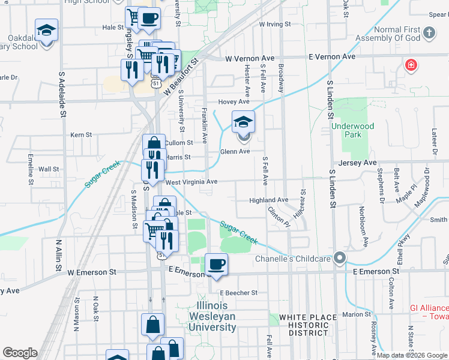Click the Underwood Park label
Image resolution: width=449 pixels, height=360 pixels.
point(352,130)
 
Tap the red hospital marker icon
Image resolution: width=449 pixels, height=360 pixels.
point(411,65)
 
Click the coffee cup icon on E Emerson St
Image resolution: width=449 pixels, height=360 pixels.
point(216,264)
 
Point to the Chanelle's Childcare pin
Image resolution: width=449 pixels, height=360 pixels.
point(340,259)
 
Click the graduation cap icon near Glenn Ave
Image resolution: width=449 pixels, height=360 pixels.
point(243,122)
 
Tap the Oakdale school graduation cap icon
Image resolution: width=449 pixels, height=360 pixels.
point(46,31)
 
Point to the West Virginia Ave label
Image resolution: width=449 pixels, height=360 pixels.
point(191,181)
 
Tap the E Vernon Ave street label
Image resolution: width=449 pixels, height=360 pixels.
point(332,56)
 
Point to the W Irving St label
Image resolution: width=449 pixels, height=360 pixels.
point(274,25)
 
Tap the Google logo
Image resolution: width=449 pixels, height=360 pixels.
point(20,353)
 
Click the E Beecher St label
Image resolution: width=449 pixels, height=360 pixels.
point(238,293)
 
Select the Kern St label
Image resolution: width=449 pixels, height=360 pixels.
point(81,136)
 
